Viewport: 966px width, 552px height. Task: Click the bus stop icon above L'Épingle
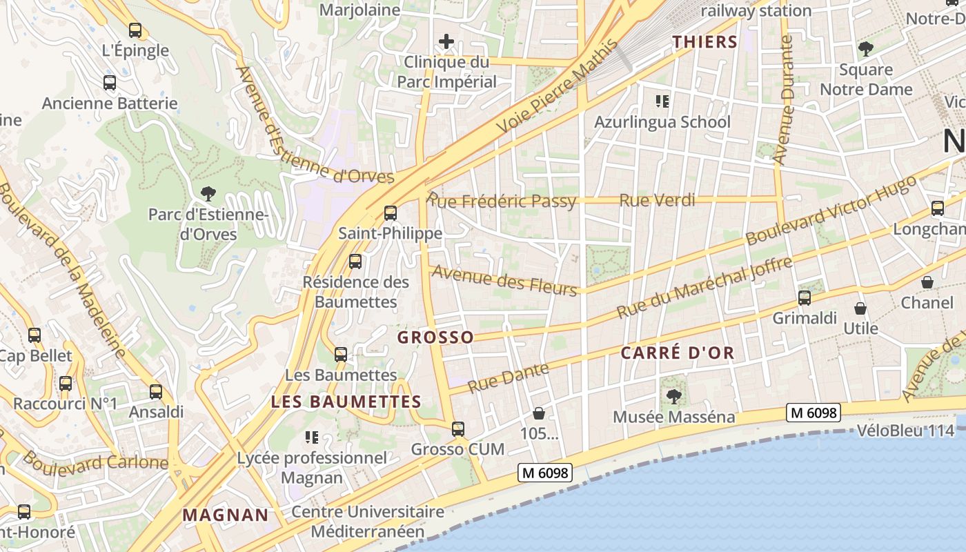point(135,30)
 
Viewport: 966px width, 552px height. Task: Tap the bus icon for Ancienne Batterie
point(110,83)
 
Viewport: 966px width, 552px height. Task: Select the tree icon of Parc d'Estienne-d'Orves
point(207,193)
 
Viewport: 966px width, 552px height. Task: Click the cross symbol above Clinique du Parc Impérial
point(446,41)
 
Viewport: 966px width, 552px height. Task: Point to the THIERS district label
point(705,42)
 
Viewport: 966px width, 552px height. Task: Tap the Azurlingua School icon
point(662,102)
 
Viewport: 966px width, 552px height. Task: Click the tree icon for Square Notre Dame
point(865,49)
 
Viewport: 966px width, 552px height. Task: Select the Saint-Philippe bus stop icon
point(391,213)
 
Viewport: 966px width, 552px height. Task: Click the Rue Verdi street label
point(657,201)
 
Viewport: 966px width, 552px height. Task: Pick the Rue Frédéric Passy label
point(502,201)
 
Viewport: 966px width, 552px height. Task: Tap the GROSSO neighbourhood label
point(435,337)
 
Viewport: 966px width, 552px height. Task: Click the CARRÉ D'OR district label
point(678,353)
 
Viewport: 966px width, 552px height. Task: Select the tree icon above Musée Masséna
point(673,397)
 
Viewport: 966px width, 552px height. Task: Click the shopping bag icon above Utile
point(860,308)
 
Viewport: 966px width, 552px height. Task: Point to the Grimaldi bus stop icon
point(805,298)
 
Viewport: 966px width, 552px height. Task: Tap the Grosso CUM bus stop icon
point(458,429)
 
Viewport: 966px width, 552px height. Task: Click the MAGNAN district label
point(226,515)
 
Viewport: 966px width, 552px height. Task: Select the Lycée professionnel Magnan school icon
point(312,437)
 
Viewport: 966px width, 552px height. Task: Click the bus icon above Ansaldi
point(156,392)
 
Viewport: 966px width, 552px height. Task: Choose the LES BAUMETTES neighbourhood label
point(346,402)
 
